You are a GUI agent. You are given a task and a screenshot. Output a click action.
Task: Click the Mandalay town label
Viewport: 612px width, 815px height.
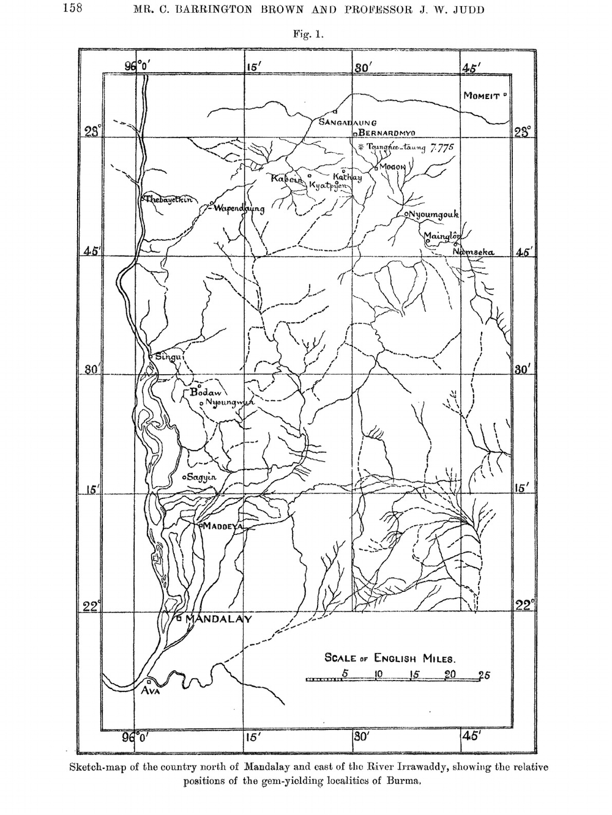point(218,619)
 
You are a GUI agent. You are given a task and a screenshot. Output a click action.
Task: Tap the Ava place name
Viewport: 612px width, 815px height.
point(150,691)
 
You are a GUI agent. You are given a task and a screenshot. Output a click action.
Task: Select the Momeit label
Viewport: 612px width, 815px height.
point(482,96)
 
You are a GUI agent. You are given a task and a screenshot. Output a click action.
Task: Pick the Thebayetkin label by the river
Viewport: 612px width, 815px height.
point(168,199)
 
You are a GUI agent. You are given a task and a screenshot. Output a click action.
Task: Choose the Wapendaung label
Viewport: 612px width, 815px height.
point(239,208)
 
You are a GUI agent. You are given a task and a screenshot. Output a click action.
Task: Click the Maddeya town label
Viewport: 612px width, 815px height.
point(223,526)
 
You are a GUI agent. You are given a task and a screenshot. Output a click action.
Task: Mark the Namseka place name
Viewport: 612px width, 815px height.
point(474,252)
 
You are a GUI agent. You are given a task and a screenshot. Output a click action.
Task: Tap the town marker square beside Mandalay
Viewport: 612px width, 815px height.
point(179,618)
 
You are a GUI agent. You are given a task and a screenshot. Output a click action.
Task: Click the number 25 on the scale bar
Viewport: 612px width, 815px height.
point(484,676)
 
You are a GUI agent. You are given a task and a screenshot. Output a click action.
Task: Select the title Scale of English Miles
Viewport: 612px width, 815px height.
point(390,658)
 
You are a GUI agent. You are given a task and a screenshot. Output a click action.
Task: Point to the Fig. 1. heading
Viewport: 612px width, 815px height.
point(307,34)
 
